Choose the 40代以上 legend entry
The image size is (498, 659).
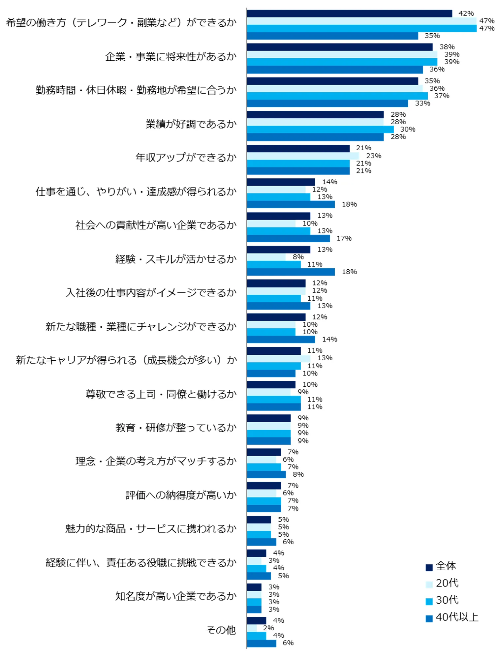point(452,617)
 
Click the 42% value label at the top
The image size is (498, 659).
point(466,14)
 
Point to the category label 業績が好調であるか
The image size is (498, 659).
point(191,124)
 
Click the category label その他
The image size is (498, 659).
point(221,630)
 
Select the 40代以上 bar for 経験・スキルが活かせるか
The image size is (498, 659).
point(291,272)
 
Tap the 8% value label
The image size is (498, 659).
point(298,257)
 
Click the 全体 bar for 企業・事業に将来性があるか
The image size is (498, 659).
point(339,47)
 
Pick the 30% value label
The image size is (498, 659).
point(408,130)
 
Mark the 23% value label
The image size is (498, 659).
point(374,156)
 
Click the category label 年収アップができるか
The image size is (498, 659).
point(186,158)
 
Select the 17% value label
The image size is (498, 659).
point(344,238)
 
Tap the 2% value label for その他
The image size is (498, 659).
point(268,628)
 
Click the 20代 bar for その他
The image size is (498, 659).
point(252,628)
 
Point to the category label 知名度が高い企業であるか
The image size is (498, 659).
point(176,596)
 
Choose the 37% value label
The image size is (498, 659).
point(442,96)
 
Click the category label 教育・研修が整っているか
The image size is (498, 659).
point(176,428)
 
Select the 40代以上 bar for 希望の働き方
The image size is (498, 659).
point(332,36)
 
